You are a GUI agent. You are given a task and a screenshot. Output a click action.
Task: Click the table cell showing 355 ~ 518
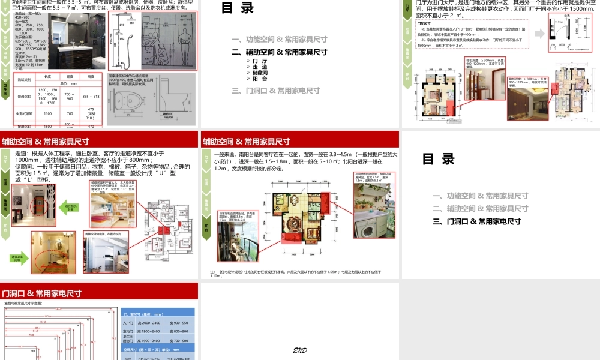click(x=91, y=96)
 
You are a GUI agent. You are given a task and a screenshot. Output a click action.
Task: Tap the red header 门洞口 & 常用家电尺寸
click(x=41, y=293)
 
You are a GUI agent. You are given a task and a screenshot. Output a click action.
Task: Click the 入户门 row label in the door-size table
click(x=128, y=323)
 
